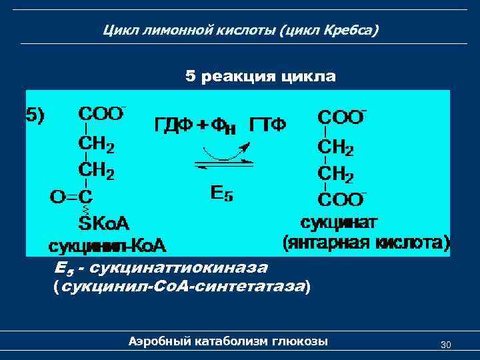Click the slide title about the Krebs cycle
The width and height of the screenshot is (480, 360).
(x=241, y=30)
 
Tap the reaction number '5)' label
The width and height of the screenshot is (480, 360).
(x=35, y=115)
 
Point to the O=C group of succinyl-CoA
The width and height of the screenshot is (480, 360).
(x=73, y=197)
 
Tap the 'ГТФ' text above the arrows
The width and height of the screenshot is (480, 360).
(x=269, y=125)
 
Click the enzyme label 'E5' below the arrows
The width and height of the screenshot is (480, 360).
(x=221, y=194)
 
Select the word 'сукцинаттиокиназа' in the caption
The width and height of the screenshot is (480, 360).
(x=179, y=269)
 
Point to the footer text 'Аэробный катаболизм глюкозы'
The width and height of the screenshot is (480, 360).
(x=228, y=342)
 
